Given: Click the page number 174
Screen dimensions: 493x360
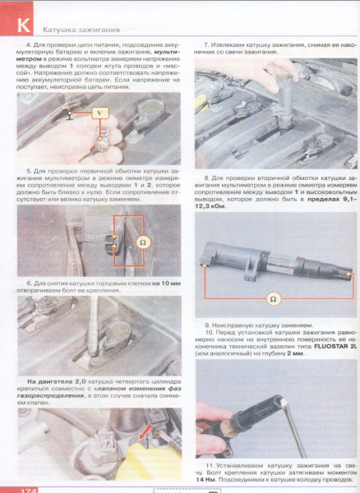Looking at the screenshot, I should click(20, 488).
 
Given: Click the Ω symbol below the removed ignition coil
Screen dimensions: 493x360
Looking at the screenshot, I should click(272, 298).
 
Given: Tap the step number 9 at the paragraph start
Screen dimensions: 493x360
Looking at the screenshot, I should click(207, 325).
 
